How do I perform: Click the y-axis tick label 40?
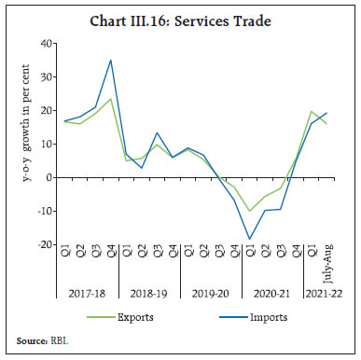47,44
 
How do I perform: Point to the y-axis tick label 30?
47,77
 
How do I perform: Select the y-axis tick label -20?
45,245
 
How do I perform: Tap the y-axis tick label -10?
45,212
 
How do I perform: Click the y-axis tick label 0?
49,177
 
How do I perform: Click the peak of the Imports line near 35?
111,60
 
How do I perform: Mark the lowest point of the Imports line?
249,240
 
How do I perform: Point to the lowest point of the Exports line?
249,211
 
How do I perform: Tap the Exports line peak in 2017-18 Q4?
111,99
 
